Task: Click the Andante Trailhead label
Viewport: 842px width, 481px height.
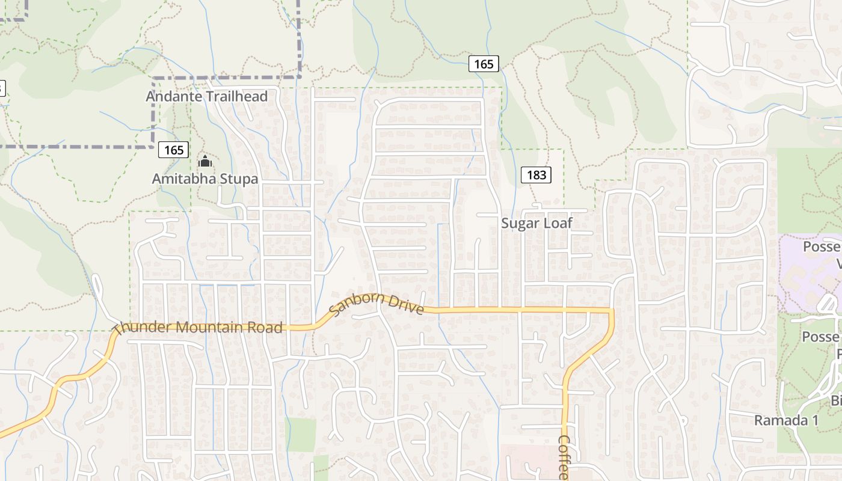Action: (x=207, y=96)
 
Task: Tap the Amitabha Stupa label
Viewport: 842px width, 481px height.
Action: (x=204, y=179)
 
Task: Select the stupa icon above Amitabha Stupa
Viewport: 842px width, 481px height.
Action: (x=204, y=161)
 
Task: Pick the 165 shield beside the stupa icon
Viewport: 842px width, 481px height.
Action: (x=174, y=150)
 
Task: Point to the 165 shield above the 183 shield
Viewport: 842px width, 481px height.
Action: (x=484, y=64)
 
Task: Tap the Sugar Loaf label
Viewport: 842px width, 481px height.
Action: (x=536, y=223)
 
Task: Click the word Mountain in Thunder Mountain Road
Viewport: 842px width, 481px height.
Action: (x=207, y=327)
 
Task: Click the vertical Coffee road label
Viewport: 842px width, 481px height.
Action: (x=564, y=457)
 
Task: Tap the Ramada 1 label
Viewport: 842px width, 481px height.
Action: (x=782, y=420)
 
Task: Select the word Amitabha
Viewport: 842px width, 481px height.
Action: (x=180, y=179)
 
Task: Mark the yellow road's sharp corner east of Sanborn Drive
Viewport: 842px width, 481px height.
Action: (x=612, y=310)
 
